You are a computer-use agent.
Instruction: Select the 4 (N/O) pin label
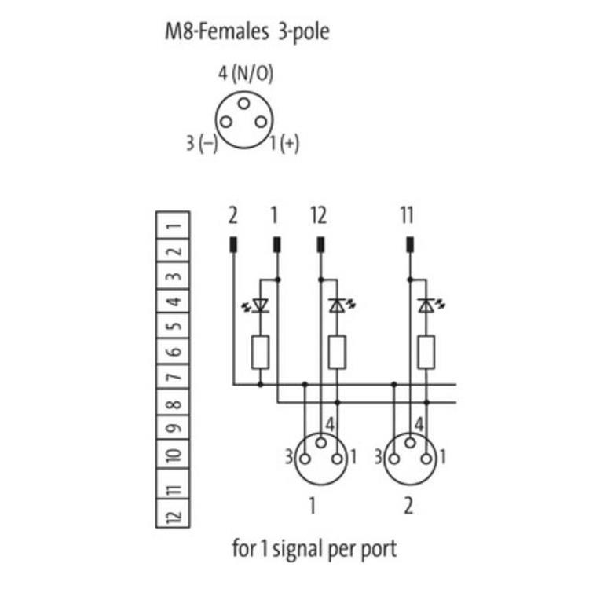245,74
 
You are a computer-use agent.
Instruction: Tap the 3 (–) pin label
201,144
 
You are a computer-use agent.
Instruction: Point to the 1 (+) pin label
284,144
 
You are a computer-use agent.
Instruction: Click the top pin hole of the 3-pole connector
244,103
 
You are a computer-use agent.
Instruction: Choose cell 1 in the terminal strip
173,225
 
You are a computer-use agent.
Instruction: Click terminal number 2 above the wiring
232,215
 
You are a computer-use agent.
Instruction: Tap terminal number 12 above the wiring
319,215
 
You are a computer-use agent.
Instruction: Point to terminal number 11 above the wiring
408,215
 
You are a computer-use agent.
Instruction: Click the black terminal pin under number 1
276,244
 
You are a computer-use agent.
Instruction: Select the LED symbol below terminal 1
260,305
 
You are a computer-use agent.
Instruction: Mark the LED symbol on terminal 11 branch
426,305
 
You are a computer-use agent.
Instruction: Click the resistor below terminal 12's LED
338,352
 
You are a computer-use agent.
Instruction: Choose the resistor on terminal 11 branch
426,352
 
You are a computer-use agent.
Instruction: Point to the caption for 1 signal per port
314,547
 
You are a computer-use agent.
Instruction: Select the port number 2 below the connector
408,507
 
